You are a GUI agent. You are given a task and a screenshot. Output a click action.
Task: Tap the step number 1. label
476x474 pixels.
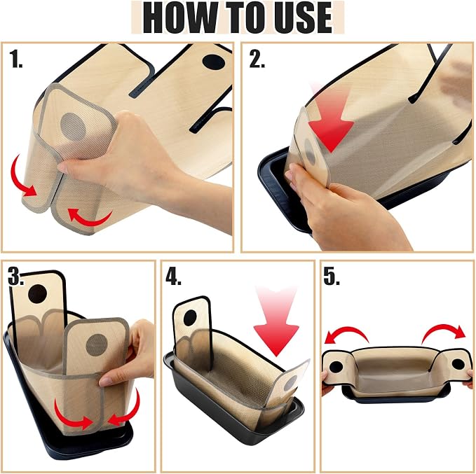pos(16,59)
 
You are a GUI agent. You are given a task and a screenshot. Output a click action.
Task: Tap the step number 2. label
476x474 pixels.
pos(257,59)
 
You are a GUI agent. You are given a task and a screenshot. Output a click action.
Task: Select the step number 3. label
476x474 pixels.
pos(16,277)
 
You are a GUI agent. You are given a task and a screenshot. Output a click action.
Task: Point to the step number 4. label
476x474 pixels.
pos(174,277)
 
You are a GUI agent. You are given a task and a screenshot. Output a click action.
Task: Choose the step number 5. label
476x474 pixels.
pos(332,277)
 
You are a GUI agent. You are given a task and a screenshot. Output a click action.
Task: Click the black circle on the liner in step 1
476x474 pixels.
pos(214,62)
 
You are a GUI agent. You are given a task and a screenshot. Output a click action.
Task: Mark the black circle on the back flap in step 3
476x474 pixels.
pos(38,294)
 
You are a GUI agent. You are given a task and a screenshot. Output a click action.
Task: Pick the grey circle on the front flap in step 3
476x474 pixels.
pos(97,345)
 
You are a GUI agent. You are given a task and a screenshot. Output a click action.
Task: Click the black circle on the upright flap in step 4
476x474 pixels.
pos(190,317)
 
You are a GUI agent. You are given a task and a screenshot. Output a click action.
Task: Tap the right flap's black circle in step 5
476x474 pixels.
pos(458,364)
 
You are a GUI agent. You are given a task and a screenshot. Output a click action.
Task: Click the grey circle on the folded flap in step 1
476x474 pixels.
pos(73,127)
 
